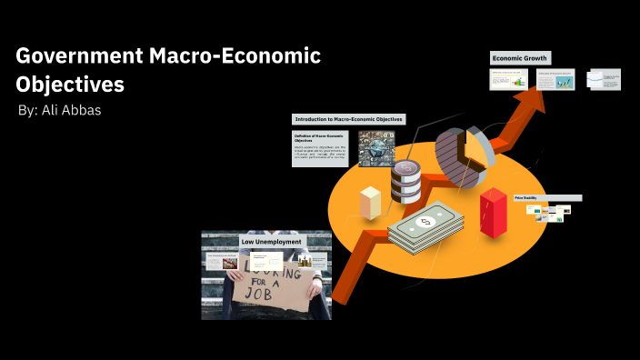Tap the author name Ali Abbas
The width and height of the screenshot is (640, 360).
point(62,110)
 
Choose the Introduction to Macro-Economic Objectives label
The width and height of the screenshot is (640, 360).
point(348,119)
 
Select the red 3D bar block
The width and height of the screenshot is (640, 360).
point(494,213)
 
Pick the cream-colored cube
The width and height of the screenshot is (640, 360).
point(370,202)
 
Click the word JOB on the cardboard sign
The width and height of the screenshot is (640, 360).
point(275,295)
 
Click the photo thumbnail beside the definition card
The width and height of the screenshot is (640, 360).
point(375,148)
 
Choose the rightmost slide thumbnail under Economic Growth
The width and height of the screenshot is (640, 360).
point(604,79)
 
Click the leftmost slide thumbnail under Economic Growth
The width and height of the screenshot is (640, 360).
point(508,79)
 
